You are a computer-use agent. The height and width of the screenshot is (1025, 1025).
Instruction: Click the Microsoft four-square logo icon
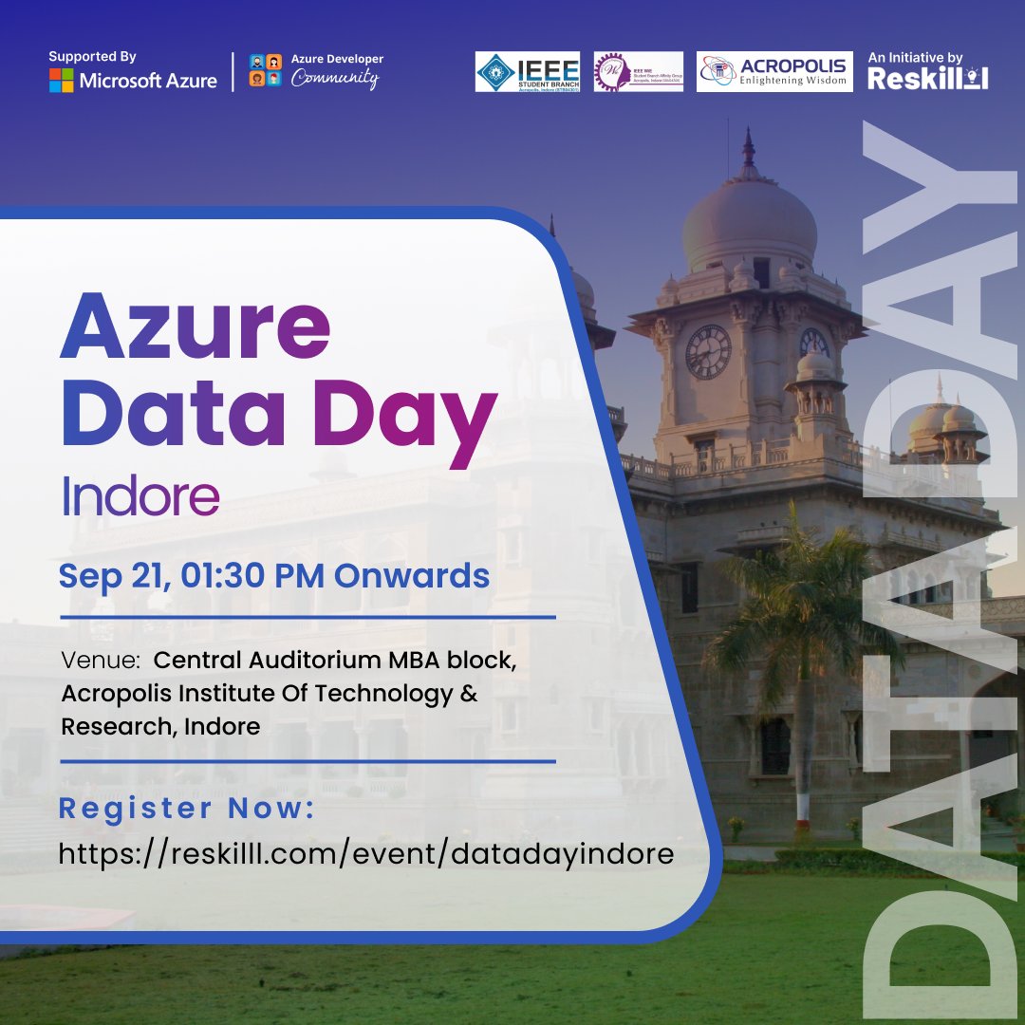point(62,80)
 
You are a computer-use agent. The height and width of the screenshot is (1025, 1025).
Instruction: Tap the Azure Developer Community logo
point(316,72)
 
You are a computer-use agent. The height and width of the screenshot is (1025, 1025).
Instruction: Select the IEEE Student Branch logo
point(528,72)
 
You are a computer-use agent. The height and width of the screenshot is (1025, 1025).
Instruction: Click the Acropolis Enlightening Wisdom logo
point(773,72)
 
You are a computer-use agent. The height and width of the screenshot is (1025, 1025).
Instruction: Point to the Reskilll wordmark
point(927,79)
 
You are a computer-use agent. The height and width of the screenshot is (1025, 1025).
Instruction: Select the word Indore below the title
point(140,496)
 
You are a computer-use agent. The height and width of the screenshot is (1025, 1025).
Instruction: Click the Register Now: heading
point(186,810)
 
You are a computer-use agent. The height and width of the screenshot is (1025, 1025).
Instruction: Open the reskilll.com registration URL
point(366,853)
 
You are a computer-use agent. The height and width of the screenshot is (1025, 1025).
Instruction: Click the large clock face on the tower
point(708,351)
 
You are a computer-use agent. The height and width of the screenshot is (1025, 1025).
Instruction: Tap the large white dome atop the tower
point(749,224)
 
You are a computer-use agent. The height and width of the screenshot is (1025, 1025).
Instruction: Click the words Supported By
point(93,58)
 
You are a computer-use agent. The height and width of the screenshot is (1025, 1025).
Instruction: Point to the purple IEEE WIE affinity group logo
point(638,72)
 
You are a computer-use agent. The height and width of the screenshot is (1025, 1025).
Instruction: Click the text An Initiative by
point(915,58)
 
